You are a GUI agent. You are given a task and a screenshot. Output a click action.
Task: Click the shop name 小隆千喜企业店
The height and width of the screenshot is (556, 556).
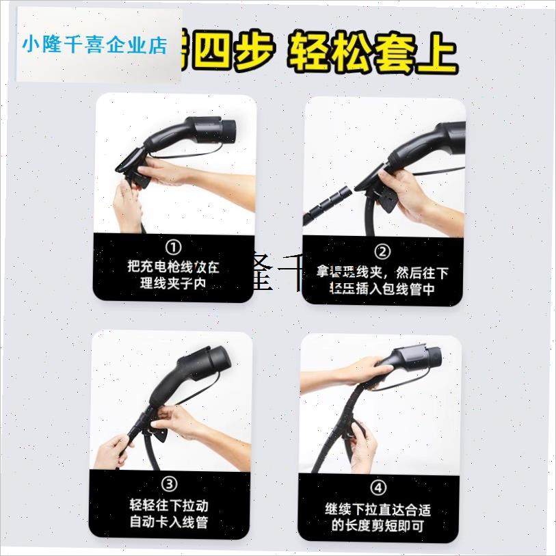click(94, 45)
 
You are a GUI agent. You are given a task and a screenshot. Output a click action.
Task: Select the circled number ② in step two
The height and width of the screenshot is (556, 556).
click(384, 251)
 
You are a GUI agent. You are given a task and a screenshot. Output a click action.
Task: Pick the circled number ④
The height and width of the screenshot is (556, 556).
click(378, 488)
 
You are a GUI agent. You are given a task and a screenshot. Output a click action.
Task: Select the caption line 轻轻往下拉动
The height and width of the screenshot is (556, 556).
click(169, 506)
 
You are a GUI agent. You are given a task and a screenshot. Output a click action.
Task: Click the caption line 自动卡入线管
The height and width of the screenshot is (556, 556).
click(169, 523)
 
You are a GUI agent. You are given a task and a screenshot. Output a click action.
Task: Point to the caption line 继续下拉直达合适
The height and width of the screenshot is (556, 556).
click(378, 509)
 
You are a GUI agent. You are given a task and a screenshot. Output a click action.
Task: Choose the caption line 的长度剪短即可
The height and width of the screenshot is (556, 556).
click(378, 527)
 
